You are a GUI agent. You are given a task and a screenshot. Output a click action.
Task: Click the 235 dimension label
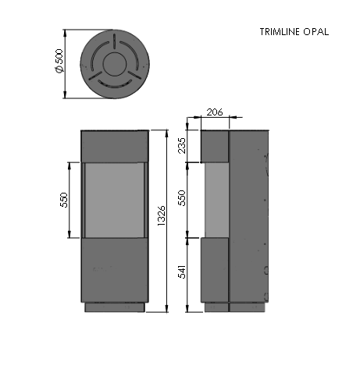point(183,145)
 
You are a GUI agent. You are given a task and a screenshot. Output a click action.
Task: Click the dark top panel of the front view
point(114,145)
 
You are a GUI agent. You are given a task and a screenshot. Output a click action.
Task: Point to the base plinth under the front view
point(114,307)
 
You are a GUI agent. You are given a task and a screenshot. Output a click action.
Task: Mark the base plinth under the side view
point(234,307)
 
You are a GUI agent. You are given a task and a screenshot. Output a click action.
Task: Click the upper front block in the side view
point(215,145)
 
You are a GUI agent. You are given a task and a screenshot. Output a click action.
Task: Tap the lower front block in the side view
point(215,270)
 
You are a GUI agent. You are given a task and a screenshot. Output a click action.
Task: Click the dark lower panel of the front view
point(114,269)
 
